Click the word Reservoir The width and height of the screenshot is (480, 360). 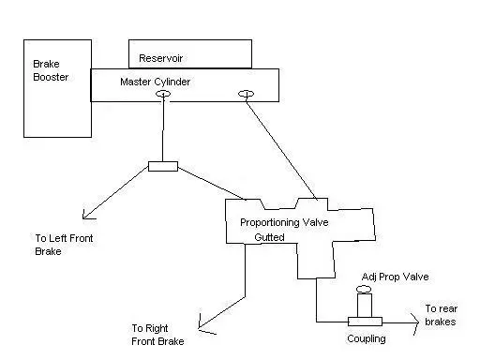pyautogui.click(x=160, y=58)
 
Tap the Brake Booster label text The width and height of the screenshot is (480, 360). pyautogui.click(x=51, y=70)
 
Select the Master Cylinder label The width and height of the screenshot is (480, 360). pyautogui.click(x=156, y=82)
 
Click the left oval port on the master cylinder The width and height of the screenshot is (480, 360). pyautogui.click(x=163, y=94)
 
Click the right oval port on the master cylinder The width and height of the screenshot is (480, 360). pyautogui.click(x=247, y=94)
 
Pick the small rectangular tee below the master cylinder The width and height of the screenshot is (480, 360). pyautogui.click(x=163, y=166)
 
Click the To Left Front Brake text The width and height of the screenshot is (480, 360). pyautogui.click(x=64, y=245)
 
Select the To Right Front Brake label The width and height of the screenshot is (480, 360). pyautogui.click(x=157, y=335)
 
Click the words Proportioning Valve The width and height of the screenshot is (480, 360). pyautogui.click(x=284, y=222)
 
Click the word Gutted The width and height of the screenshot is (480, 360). pyautogui.click(x=269, y=237)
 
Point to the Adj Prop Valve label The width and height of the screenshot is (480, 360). pyautogui.click(x=395, y=277)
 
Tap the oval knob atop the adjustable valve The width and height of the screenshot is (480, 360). pyautogui.click(x=364, y=289)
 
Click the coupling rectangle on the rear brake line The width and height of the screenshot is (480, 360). pyautogui.click(x=365, y=322)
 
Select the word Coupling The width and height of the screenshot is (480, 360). pyautogui.click(x=367, y=338)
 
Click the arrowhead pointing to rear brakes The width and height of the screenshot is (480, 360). pyautogui.click(x=416, y=322)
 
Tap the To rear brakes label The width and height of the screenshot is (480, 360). pyautogui.click(x=441, y=315)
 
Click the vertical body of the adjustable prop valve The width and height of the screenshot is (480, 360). pyautogui.click(x=365, y=306)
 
